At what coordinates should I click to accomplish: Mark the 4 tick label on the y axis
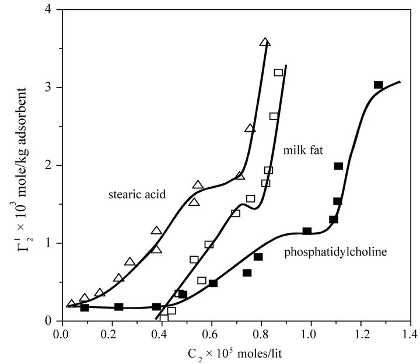(x=50, y=10)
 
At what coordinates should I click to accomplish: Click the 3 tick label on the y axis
(x=50, y=87)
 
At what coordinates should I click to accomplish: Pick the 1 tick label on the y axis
(x=50, y=243)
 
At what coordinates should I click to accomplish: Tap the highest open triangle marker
(x=265, y=43)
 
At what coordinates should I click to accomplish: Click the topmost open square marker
(x=278, y=72)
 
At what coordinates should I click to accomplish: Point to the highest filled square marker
(x=378, y=85)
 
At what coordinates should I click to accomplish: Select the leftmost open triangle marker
(x=72, y=304)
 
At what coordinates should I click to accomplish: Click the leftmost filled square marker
(x=85, y=307)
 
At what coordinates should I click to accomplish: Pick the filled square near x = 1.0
(x=307, y=231)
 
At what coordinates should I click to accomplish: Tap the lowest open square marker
(x=171, y=310)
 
